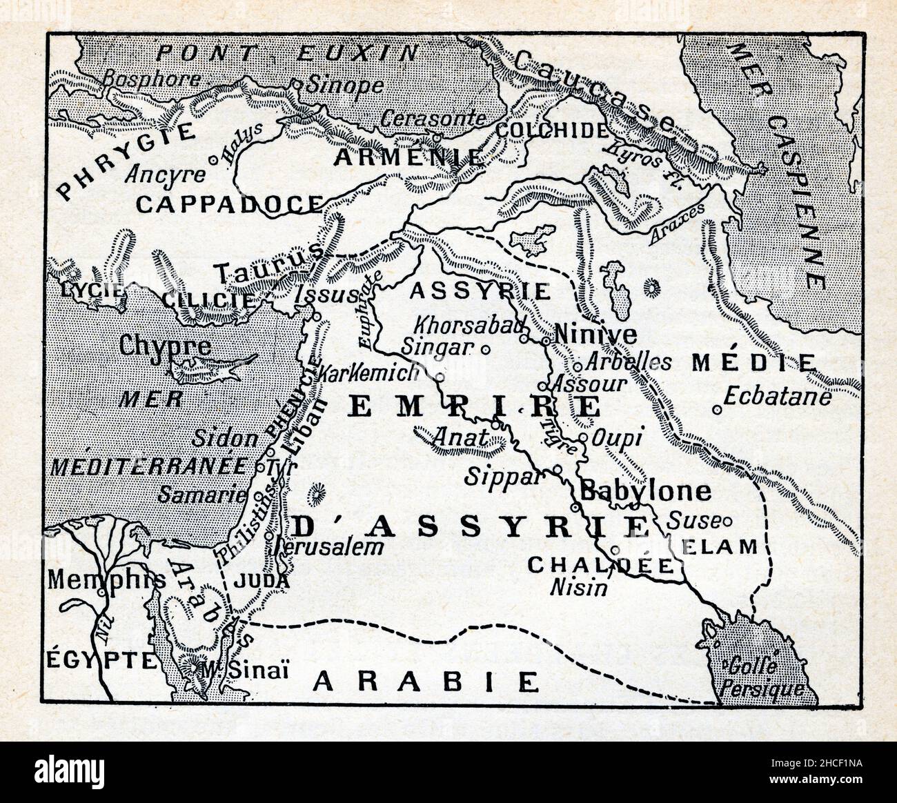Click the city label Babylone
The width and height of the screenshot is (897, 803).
[644, 490]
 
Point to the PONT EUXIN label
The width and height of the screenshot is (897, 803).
[287, 52]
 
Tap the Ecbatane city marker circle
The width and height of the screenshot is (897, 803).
[718, 410]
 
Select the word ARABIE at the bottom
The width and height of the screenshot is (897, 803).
[426, 682]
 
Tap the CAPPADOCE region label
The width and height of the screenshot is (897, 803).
[229, 203]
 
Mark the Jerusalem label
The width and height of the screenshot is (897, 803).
[328, 547]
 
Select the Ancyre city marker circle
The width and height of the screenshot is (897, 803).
[213, 159]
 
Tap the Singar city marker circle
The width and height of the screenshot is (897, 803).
[485, 349]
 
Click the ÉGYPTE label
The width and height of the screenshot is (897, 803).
[101, 660]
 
